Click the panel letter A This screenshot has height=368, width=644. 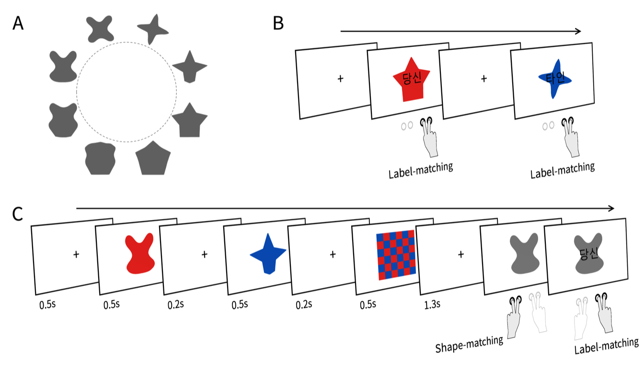click(18, 23)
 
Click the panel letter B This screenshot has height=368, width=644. click(278, 23)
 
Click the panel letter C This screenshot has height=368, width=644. click(18, 214)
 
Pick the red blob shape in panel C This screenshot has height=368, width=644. click(140, 254)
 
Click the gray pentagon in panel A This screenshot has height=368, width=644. click(153, 158)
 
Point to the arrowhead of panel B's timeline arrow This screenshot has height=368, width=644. click(578, 32)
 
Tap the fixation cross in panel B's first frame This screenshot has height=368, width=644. click(340, 78)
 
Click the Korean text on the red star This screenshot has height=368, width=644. click(411, 78)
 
